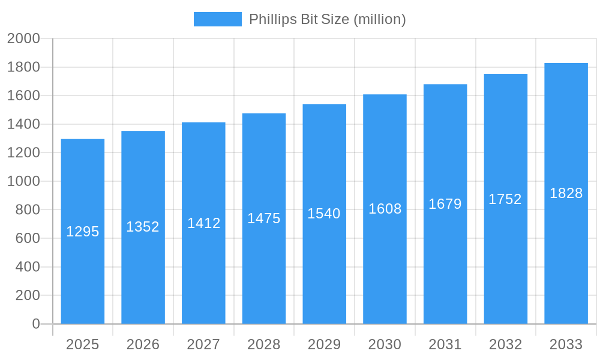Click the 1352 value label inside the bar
(x=143, y=227)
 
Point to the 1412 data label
(x=204, y=223)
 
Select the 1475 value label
(x=264, y=218)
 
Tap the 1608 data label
(x=385, y=209)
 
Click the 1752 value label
(x=505, y=199)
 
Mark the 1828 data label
(x=566, y=193)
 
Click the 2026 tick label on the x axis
(x=143, y=344)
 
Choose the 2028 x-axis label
(x=264, y=344)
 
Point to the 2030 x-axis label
(x=385, y=344)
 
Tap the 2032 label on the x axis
(x=505, y=344)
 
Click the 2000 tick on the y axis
(x=23, y=39)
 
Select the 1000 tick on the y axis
(x=23, y=181)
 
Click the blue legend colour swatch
(x=217, y=19)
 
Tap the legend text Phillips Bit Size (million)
(x=327, y=19)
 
